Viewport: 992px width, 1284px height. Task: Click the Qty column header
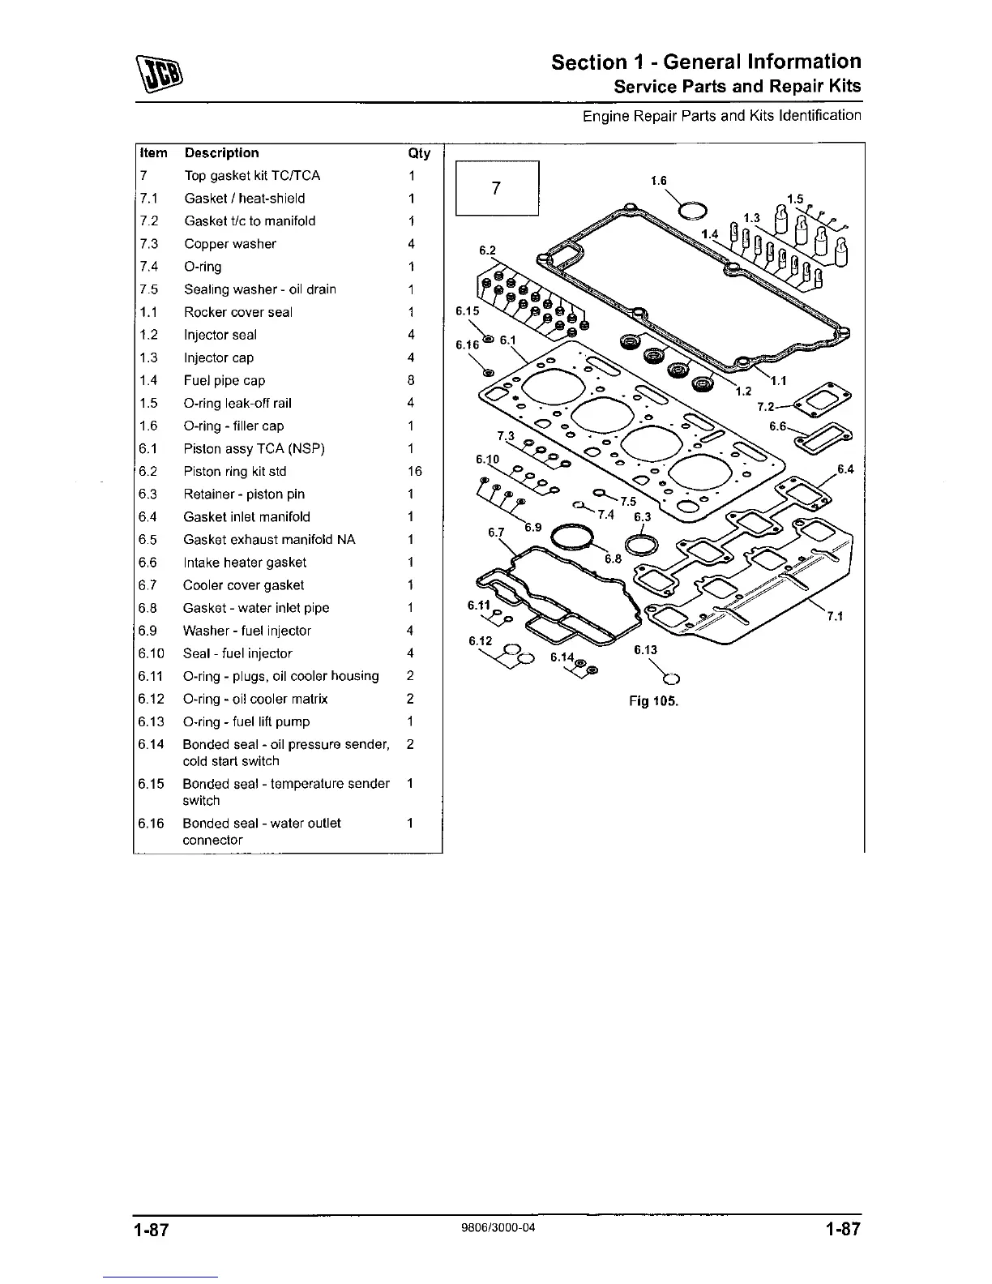tap(419, 153)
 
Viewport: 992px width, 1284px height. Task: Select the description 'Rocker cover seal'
tap(237, 312)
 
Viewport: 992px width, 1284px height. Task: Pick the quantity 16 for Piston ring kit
tap(414, 471)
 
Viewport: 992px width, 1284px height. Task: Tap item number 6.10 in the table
tap(152, 653)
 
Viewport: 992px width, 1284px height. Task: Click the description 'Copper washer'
tap(230, 244)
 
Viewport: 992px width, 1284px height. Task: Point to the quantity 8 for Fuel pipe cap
tap(412, 380)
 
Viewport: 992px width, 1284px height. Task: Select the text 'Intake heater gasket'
tap(245, 563)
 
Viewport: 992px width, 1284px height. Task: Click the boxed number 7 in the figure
tap(497, 188)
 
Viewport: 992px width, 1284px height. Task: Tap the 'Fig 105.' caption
tap(653, 701)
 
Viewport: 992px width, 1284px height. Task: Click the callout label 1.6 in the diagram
tap(659, 181)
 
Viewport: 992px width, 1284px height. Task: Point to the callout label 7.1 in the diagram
tap(835, 617)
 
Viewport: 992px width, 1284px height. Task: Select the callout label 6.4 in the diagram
tap(845, 469)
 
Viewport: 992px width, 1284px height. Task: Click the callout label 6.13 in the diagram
tap(645, 649)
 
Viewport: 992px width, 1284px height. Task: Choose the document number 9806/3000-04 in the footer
tap(497, 1227)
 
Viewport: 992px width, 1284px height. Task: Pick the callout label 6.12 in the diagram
tap(481, 640)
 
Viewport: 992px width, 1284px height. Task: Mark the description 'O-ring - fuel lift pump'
tap(246, 721)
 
